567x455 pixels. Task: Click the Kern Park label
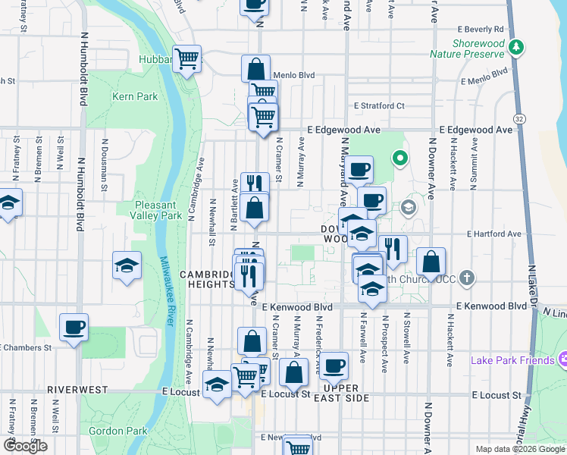tap(135, 96)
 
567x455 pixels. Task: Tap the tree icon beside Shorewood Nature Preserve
tap(516, 48)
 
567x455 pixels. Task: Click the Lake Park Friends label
tap(512, 359)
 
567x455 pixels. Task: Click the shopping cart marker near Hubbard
tap(186, 58)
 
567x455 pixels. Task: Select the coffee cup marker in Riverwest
tap(74, 328)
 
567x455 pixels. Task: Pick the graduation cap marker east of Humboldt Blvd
tap(127, 265)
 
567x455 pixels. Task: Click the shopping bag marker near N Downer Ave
tap(431, 262)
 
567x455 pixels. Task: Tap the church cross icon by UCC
tap(467, 278)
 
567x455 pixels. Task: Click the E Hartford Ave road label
tap(495, 234)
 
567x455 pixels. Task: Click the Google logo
tap(25, 446)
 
